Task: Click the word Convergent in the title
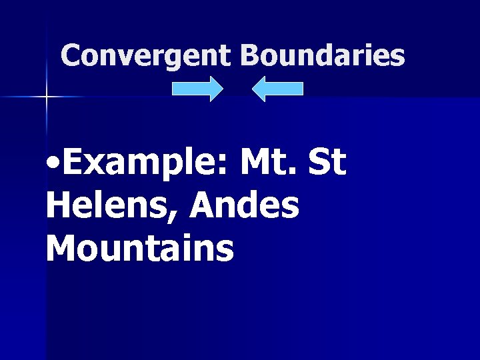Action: (145, 55)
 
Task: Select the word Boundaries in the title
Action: (323, 55)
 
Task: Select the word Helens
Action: (111, 206)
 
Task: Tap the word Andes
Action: (245, 206)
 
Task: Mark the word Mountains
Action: (140, 248)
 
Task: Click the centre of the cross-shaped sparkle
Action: (47, 97)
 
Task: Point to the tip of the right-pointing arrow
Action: (223, 89)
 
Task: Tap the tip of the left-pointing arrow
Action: (253, 89)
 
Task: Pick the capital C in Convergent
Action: (70, 55)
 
